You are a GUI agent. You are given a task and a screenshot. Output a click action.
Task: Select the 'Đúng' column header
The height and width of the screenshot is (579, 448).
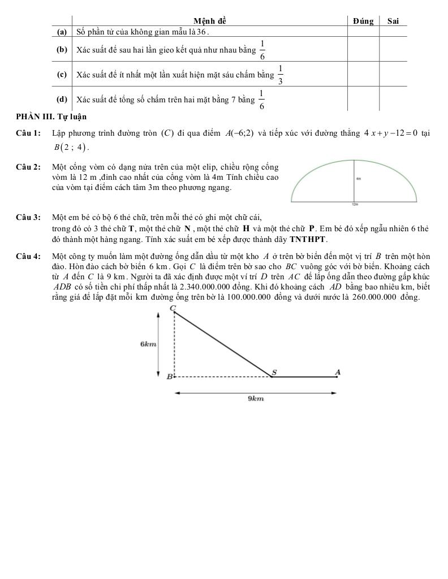[x=363, y=21]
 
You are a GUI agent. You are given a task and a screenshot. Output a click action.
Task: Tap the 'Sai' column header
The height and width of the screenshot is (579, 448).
[x=393, y=21]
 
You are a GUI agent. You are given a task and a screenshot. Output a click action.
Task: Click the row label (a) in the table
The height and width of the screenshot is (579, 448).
[x=62, y=32]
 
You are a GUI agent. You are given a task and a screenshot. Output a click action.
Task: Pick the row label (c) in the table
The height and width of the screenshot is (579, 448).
[x=62, y=74]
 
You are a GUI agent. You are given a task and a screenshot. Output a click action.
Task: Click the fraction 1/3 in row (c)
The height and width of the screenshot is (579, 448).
[x=281, y=74]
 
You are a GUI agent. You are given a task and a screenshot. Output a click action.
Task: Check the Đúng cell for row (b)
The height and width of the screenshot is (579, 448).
[x=363, y=49]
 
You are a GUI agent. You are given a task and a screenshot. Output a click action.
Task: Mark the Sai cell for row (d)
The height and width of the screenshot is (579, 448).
[x=393, y=99]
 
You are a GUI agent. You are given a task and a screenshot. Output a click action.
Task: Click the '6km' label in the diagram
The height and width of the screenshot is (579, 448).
[x=148, y=344]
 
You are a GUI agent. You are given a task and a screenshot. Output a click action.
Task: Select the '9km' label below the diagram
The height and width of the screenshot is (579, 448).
[x=256, y=399]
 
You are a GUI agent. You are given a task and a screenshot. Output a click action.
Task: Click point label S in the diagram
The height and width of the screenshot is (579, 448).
[x=275, y=371]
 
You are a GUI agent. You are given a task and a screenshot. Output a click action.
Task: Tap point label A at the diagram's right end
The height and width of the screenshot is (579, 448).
[x=338, y=371]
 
